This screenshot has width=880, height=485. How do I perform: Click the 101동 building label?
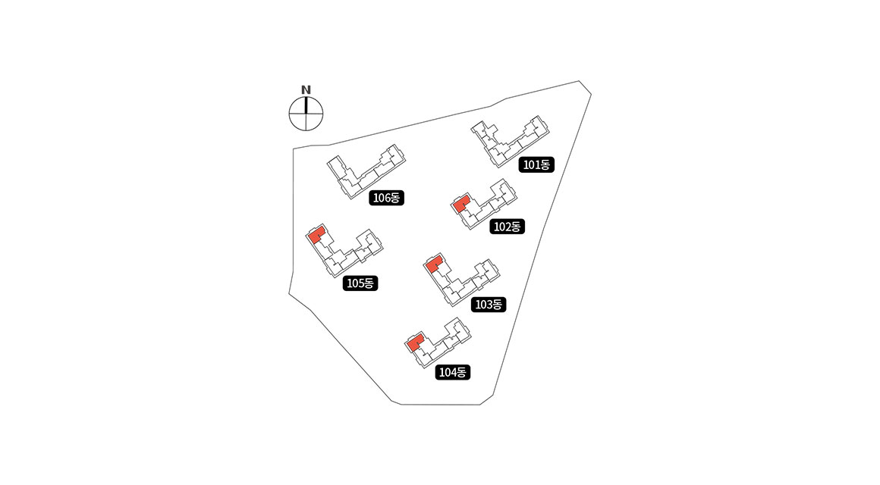tap(537, 164)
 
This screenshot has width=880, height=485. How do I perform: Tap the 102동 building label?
tap(507, 226)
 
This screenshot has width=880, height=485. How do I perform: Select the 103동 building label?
tap(488, 305)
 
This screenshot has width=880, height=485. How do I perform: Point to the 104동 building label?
tap(454, 372)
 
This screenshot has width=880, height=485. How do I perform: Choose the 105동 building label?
tap(360, 283)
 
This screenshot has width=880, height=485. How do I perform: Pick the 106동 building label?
tap(387, 198)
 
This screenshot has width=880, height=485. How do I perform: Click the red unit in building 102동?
tap(461, 204)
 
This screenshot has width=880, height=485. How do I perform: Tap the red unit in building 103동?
tap(434, 265)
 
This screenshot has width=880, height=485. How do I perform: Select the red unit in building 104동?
tap(414, 343)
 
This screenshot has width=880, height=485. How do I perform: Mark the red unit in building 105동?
tap(316, 234)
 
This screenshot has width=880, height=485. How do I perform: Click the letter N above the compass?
tap(306, 89)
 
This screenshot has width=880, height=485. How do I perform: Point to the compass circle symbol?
tap(306, 114)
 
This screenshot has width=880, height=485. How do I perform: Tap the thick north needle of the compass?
tap(306, 106)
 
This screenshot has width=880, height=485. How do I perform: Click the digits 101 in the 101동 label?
tap(531, 164)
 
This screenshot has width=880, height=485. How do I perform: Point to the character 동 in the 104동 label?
tap(464, 372)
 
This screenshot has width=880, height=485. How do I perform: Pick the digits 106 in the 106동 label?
tap(381, 198)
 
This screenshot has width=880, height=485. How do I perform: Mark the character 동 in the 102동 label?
tap(517, 226)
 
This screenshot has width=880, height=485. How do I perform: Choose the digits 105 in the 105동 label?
tap(354, 283)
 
